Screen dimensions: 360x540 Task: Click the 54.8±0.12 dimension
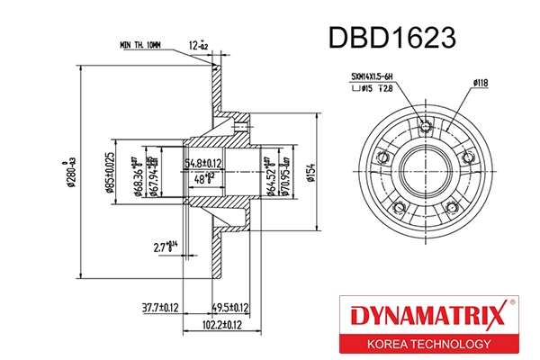[203, 163]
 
